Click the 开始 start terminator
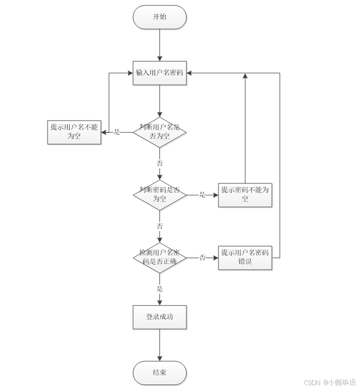(x=159, y=17)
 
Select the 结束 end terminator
(x=159, y=373)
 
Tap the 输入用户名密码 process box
(x=159, y=73)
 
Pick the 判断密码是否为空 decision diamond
(x=159, y=194)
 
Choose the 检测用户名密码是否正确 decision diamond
(x=159, y=257)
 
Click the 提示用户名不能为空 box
(x=74, y=131)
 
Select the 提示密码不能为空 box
(x=245, y=194)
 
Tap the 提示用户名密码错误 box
(x=245, y=257)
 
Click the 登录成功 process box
(x=159, y=317)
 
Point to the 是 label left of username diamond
(x=117, y=132)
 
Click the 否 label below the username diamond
(x=159, y=163)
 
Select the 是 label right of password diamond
(x=202, y=195)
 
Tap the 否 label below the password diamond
(x=159, y=226)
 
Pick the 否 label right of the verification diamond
(x=202, y=257)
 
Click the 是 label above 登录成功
(x=159, y=289)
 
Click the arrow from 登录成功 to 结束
(x=159, y=345)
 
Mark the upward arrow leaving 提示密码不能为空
(x=245, y=130)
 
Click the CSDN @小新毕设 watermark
(x=330, y=382)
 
